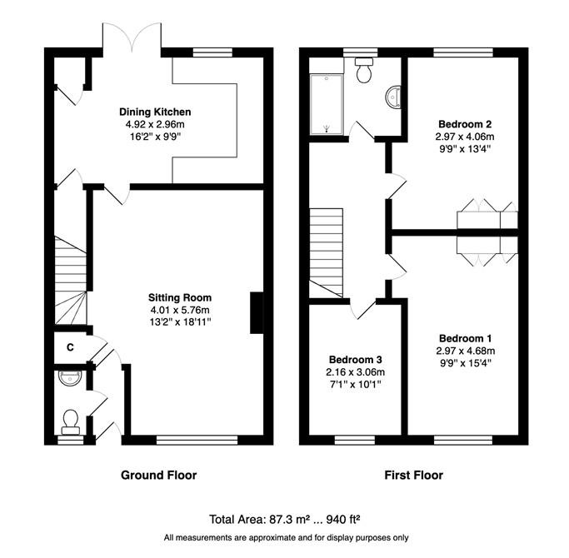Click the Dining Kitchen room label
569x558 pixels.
(155, 112)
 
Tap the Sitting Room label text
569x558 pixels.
(180, 297)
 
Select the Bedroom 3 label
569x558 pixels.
(355, 360)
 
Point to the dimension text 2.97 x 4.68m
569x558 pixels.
(466, 351)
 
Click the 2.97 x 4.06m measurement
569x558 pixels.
(465, 137)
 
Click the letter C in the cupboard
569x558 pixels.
(71, 347)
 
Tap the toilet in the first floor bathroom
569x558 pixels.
(364, 70)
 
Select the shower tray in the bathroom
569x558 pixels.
(327, 104)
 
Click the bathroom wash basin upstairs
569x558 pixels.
(394, 97)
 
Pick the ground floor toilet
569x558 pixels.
(71, 422)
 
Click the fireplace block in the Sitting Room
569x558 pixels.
(257, 313)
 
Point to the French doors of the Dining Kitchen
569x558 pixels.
(132, 38)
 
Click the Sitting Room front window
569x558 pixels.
(197, 440)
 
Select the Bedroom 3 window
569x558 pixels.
(355, 440)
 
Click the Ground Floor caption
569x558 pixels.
(158, 476)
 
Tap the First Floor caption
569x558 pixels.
(414, 476)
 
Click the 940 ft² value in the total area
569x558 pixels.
(343, 520)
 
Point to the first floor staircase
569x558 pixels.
(326, 253)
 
